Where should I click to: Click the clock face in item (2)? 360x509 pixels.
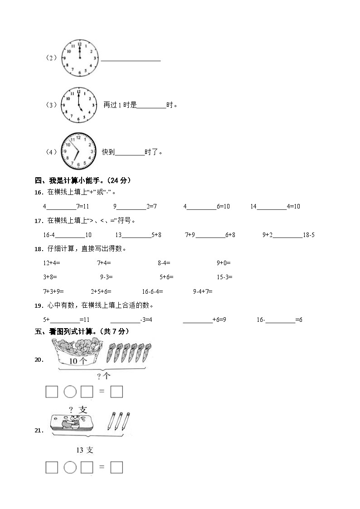(80, 58)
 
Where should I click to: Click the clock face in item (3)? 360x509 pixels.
(79, 105)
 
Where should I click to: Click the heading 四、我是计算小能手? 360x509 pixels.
(83, 180)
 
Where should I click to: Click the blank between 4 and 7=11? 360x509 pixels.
(61, 207)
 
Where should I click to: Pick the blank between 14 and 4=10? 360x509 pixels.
(272, 207)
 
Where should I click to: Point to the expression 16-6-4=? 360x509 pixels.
(152, 291)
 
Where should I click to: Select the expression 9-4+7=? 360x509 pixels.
(203, 291)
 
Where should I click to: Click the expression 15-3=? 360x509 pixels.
(224, 277)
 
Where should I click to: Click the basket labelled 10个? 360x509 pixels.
(80, 354)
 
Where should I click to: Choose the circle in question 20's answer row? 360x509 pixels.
(69, 391)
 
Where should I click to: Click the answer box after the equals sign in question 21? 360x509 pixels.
(117, 467)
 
